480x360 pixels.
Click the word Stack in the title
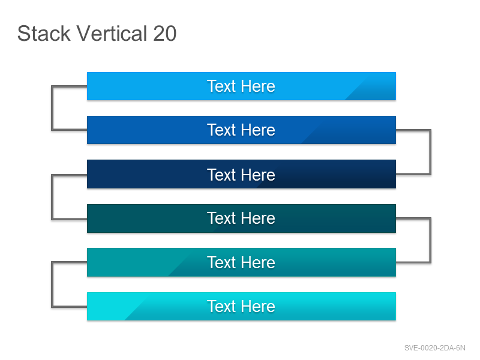pyautogui.click(x=44, y=33)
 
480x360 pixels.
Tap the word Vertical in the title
pyautogui.click(x=112, y=33)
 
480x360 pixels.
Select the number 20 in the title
pyautogui.click(x=164, y=33)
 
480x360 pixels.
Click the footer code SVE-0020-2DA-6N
pyautogui.click(x=434, y=348)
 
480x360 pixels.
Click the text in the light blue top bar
pyautogui.click(x=241, y=86)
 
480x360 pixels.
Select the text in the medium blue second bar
pyautogui.click(x=241, y=130)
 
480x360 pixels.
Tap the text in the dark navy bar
pyautogui.click(x=241, y=175)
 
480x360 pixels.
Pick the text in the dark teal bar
pyautogui.click(x=241, y=218)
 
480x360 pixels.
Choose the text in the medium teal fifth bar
pyautogui.click(x=241, y=263)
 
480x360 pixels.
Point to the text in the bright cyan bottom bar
pyautogui.click(x=241, y=307)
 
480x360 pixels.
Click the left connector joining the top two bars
pyautogui.click(x=52, y=108)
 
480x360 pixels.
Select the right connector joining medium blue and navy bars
pyautogui.click(x=430, y=152)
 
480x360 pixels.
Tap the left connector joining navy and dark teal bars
pyautogui.click(x=52, y=197)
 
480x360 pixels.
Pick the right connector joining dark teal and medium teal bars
pyautogui.click(x=430, y=241)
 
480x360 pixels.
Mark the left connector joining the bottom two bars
pyautogui.click(x=52, y=284)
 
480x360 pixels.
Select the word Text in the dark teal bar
pyautogui.click(x=221, y=218)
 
